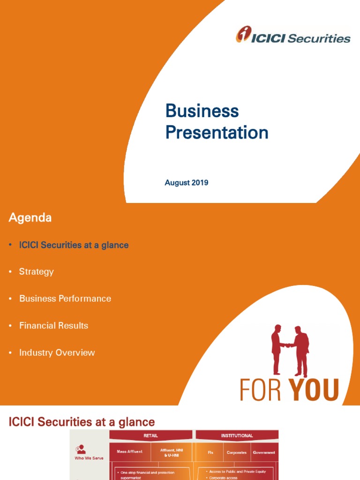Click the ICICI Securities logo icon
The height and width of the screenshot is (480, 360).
point(243,35)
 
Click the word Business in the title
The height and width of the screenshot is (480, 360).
point(202,111)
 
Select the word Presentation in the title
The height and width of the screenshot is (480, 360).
point(217,133)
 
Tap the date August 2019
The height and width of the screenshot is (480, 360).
point(186,183)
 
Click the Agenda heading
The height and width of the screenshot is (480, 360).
point(30,217)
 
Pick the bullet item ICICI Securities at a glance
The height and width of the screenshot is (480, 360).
point(74,245)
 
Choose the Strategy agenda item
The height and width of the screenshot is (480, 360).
point(36,272)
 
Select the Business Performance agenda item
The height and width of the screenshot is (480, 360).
point(65,299)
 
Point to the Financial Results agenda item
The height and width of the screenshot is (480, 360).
point(53,325)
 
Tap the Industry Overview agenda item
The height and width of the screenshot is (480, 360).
point(57,352)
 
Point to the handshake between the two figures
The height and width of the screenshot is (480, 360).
point(287,346)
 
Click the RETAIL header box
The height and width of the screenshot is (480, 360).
point(150,435)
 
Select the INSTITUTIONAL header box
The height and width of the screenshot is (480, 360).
point(237,435)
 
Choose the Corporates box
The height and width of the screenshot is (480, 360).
point(236,453)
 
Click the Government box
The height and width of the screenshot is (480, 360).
point(263,453)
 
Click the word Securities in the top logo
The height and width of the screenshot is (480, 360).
point(319,38)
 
